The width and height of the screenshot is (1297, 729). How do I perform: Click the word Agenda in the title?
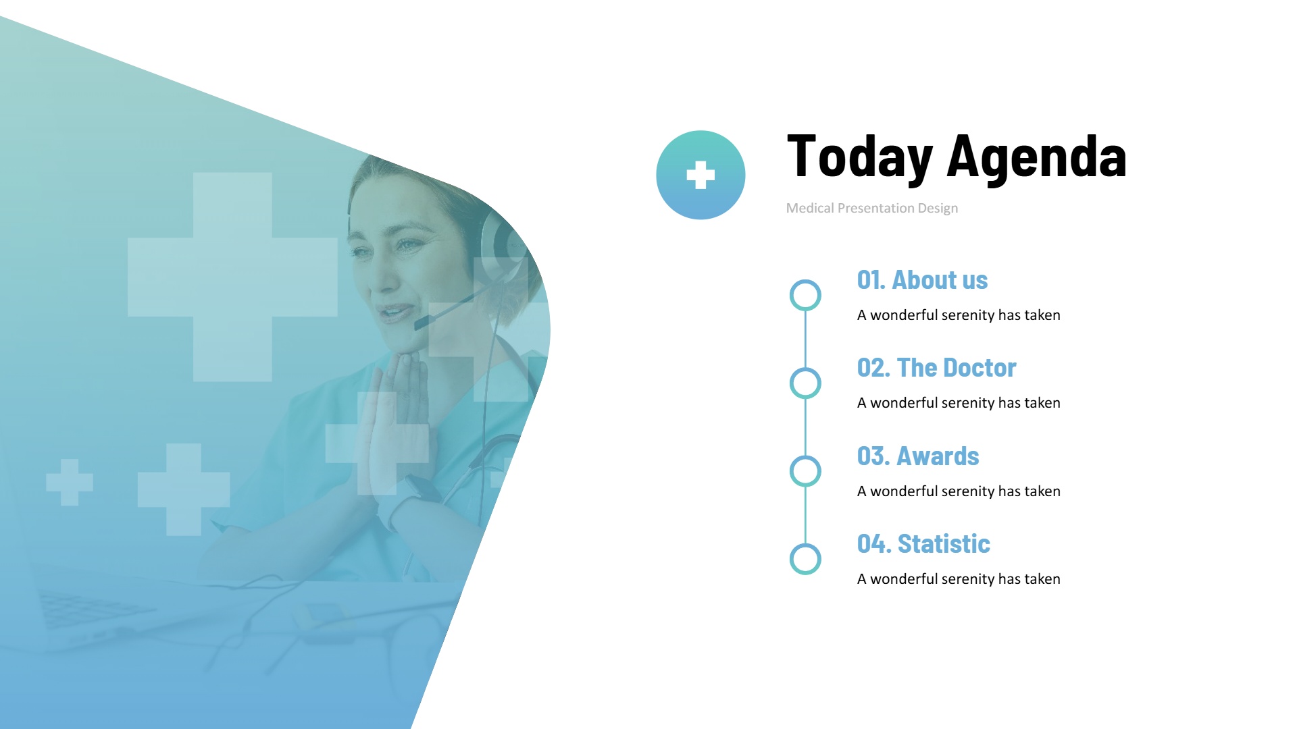click(x=1037, y=158)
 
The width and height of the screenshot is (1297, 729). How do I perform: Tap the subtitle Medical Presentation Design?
click(x=872, y=208)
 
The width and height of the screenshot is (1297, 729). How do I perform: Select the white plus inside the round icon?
click(x=701, y=175)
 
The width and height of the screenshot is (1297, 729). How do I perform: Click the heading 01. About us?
click(x=922, y=279)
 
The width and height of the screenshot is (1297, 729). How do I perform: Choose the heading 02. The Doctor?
click(x=936, y=367)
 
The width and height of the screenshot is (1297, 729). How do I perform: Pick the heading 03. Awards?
click(x=918, y=456)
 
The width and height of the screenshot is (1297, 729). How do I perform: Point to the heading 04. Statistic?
click(x=923, y=543)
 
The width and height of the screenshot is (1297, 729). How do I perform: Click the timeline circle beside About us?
click(x=805, y=280)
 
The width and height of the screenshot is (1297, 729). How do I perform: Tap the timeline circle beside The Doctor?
click(x=805, y=368)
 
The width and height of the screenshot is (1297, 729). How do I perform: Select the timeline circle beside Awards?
click(x=805, y=456)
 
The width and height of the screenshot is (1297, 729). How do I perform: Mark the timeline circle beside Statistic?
click(x=805, y=544)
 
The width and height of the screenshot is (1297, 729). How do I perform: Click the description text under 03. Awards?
click(x=959, y=491)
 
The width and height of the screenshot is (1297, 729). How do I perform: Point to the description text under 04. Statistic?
click(x=959, y=578)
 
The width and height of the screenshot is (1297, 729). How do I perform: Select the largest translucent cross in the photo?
click(x=232, y=277)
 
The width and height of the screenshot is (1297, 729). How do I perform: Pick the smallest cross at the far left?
click(x=70, y=482)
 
